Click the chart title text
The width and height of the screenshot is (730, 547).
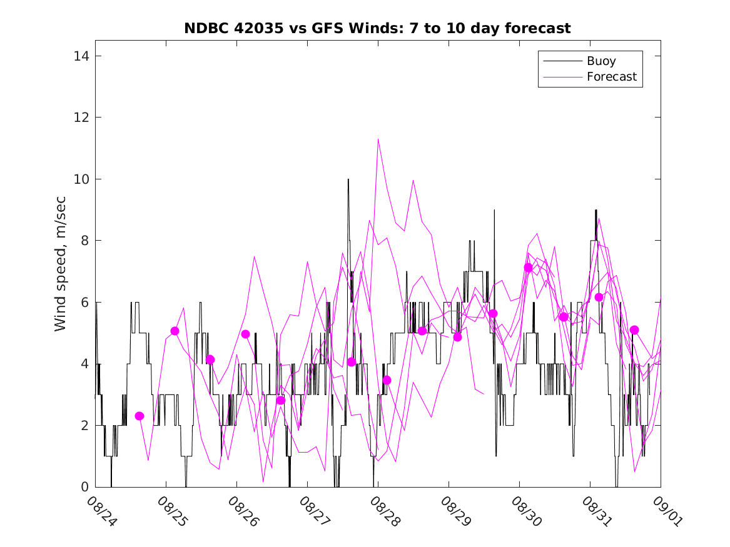click(377, 28)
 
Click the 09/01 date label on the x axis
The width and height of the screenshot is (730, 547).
click(666, 511)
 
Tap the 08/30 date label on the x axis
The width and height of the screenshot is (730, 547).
click(525, 511)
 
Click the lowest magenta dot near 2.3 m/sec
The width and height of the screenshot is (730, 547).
click(139, 416)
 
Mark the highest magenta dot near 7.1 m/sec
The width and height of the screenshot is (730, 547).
click(528, 268)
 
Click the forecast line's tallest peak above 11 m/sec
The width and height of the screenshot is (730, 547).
click(378, 139)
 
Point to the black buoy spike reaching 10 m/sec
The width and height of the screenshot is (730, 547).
click(348, 180)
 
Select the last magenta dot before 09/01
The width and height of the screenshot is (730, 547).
click(634, 330)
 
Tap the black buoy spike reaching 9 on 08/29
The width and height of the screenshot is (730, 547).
click(494, 211)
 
